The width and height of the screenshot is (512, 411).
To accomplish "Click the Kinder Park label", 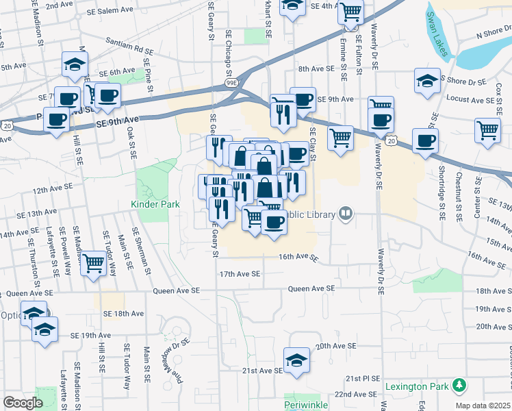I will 155,204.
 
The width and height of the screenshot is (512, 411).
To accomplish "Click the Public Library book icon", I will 346,215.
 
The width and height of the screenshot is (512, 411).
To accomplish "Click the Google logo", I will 23,403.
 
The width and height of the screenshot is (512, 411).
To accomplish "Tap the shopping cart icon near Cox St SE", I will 487,129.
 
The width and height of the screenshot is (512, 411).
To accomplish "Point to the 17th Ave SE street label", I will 240,274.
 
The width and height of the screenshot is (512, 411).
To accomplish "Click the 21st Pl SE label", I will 362,378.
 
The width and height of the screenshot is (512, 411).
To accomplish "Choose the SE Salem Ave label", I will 110,11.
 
